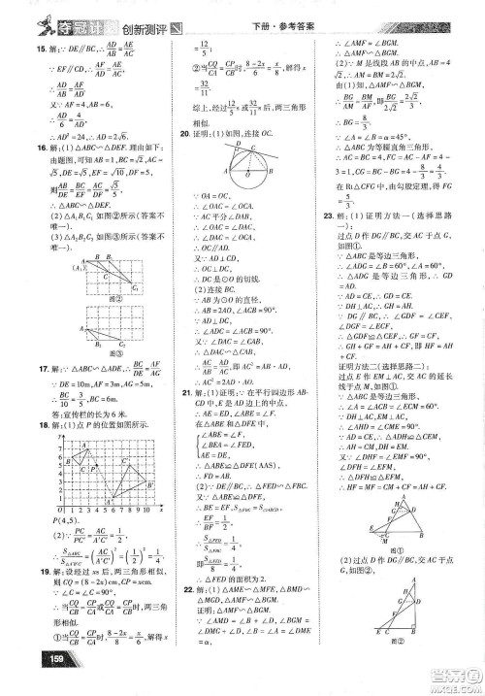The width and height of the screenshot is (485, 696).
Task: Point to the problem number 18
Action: coord(40,424)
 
